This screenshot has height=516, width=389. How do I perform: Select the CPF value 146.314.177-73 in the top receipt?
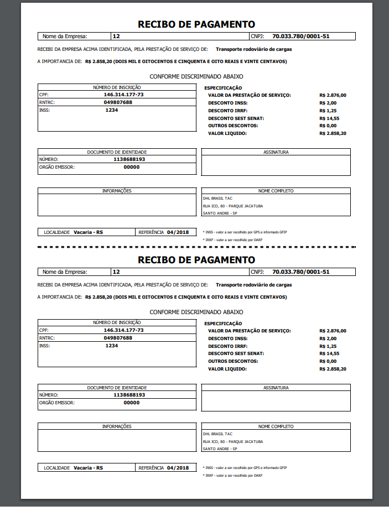click(123, 95)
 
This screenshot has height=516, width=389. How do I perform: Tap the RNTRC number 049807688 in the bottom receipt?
click(118, 337)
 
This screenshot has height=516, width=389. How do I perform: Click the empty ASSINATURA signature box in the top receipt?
click(276, 165)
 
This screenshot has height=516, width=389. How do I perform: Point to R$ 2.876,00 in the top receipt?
click(333, 95)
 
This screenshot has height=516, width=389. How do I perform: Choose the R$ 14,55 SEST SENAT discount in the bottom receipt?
click(329, 353)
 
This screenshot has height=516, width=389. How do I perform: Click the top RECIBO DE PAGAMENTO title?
click(196, 24)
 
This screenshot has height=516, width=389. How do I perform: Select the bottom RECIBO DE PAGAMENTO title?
click(196, 260)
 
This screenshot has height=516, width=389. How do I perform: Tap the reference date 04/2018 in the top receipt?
click(178, 232)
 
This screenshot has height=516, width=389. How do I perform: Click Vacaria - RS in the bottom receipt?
click(88, 468)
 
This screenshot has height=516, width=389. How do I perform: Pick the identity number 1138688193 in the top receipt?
click(129, 159)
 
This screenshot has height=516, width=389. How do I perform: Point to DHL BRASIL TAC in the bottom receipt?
click(217, 434)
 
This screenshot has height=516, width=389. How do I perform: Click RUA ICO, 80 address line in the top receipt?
click(232, 206)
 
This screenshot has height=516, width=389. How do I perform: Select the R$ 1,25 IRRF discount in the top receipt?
click(328, 111)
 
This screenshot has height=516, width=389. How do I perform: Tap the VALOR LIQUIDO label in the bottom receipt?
click(227, 369)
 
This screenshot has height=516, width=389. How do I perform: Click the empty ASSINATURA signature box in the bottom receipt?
click(276, 400)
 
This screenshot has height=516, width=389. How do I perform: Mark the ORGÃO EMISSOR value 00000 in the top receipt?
click(131, 167)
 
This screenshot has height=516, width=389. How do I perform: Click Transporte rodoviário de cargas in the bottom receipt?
click(253, 285)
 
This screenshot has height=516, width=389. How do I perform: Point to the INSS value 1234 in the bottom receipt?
click(112, 345)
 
